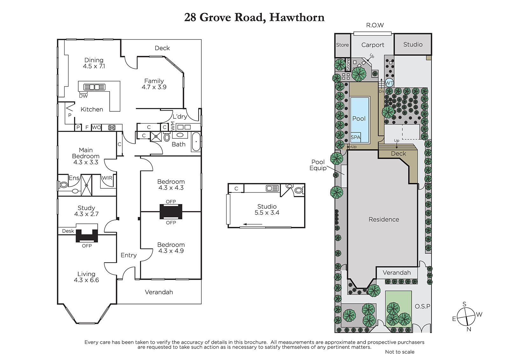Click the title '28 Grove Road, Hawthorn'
click(254, 18)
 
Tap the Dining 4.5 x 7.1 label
click(94, 63)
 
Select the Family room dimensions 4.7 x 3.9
click(154, 87)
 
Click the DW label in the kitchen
click(83, 96)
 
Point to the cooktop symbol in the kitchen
click(112, 127)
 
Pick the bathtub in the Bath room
click(196, 142)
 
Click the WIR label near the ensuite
click(107, 178)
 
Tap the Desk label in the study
click(68, 231)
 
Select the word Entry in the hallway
click(129, 255)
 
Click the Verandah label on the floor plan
click(159, 292)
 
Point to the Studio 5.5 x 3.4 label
click(267, 209)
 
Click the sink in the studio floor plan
click(272, 188)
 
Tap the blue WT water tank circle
click(389, 83)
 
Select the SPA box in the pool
click(355, 137)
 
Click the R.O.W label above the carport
click(375, 25)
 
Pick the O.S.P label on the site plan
click(422, 306)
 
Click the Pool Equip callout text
click(318, 165)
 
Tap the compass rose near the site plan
click(466, 317)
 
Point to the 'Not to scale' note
click(400, 352)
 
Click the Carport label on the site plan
click(373, 45)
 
